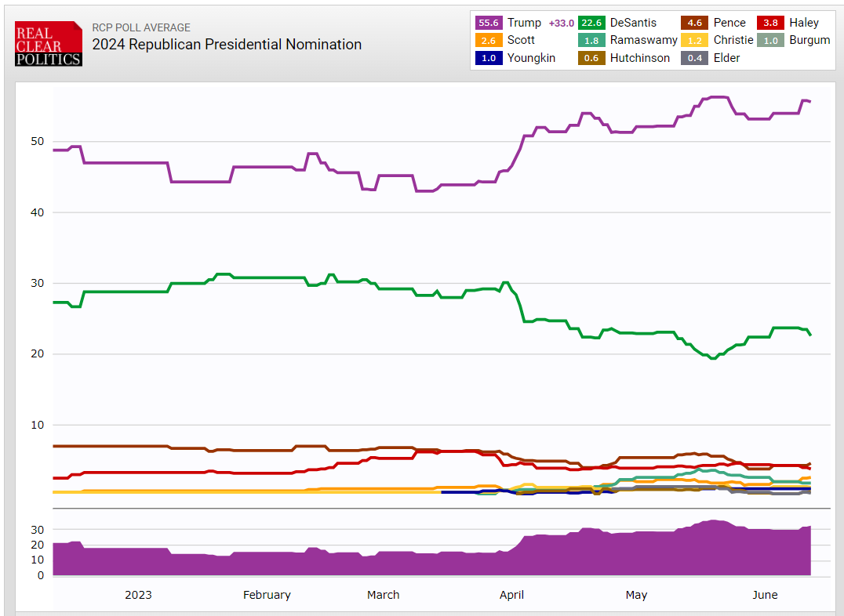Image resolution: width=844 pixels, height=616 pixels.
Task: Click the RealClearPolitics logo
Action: point(48,44)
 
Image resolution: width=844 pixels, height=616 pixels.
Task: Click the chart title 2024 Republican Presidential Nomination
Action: point(227,45)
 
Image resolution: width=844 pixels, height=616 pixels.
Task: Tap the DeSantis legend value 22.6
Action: point(593,23)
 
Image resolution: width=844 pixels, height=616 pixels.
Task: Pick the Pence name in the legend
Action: point(729,23)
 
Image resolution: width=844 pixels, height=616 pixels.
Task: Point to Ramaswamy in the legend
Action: point(643,40)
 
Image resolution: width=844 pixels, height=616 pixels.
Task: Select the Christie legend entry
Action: point(733,40)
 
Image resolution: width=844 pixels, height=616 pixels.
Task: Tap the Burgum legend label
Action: point(809,40)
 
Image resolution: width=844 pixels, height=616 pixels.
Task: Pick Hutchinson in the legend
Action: point(640,57)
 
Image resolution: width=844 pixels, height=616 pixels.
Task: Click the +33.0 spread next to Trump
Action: point(562,23)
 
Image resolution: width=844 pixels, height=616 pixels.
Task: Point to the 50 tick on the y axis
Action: point(37,142)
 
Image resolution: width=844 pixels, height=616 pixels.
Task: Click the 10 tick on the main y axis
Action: point(37,425)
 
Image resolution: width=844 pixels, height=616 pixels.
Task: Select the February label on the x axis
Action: point(267,595)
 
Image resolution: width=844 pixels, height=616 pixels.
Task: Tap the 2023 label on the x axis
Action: point(138,595)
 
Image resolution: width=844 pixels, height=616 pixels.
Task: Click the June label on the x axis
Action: point(765,595)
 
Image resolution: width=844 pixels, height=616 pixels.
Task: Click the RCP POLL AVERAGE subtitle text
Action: point(141,27)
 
